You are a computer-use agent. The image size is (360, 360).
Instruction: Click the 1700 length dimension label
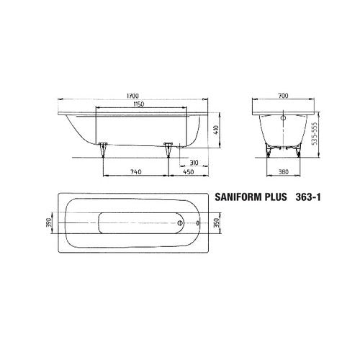click(x=132, y=96)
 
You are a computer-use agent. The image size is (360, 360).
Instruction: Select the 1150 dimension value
click(x=138, y=104)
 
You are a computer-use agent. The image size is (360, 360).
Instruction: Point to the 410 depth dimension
click(x=216, y=130)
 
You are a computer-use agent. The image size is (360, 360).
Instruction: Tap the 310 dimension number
click(x=194, y=163)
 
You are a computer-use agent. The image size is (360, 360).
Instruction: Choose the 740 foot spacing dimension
click(x=136, y=172)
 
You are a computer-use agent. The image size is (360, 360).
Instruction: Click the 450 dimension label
click(x=189, y=172)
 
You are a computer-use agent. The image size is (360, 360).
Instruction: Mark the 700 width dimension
click(x=283, y=96)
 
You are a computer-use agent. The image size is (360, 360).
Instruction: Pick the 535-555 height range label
click(x=315, y=134)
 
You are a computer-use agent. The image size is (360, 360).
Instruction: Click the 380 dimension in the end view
click(x=284, y=172)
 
